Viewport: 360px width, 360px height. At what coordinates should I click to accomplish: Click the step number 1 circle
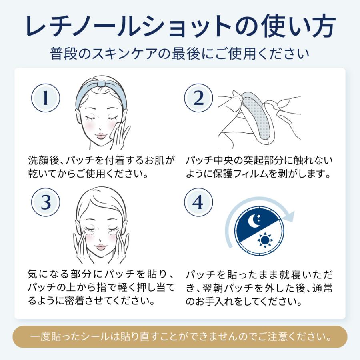click(46, 98)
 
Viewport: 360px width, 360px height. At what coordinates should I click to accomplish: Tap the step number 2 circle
click(198, 98)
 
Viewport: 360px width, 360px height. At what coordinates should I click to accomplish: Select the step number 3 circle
click(46, 202)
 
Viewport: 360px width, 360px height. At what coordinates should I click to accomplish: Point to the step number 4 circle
click(198, 202)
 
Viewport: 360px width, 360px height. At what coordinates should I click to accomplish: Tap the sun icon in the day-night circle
click(265, 240)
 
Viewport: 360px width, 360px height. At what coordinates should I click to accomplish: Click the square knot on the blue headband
click(101, 83)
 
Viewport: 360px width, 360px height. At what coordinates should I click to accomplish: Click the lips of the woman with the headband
click(101, 136)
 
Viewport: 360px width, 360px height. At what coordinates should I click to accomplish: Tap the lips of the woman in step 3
click(101, 247)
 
